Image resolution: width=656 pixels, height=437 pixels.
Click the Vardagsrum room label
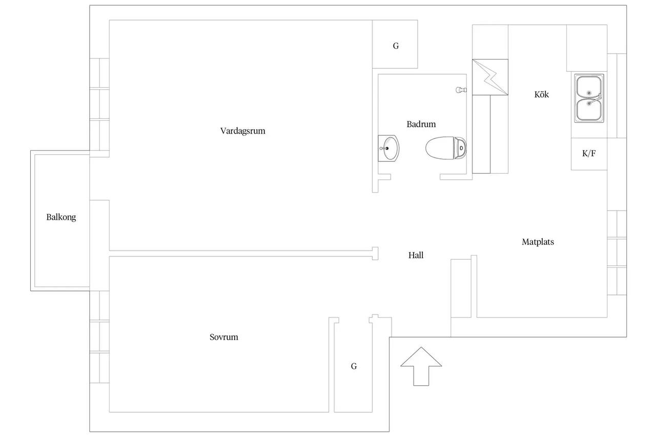(243, 131)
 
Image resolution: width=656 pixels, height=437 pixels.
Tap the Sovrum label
(224, 337)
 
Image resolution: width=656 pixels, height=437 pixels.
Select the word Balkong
(61, 217)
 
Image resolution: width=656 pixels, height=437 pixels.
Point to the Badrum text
(421, 124)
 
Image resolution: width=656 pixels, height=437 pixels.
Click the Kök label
(542, 94)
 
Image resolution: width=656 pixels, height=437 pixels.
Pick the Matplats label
(538, 242)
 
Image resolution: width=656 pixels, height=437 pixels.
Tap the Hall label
(416, 255)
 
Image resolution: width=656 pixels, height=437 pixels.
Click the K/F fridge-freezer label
(589, 153)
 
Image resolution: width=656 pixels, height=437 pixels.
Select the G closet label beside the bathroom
(396, 46)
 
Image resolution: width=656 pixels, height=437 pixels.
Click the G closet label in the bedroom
(354, 366)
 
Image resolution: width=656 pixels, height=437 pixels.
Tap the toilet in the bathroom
(446, 148)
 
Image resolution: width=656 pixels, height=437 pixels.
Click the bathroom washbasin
(388, 149)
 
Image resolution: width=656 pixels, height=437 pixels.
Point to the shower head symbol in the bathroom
(461, 90)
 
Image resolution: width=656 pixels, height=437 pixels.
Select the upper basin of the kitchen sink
(589, 87)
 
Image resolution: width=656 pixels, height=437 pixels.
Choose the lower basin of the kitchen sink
(589, 110)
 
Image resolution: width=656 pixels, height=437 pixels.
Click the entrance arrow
(421, 366)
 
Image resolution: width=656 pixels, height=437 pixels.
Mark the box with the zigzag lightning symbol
(490, 77)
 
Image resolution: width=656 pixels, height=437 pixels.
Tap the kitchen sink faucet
(595, 99)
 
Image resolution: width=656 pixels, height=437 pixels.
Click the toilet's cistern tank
(460, 148)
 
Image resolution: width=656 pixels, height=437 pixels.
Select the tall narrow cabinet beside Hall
(461, 288)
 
